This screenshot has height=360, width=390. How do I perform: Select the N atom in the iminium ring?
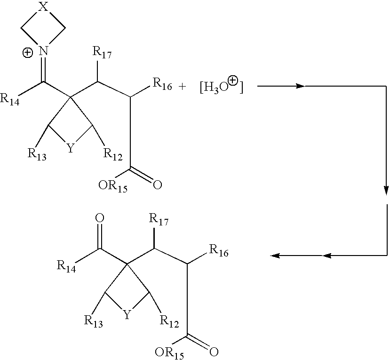[x=43, y=51]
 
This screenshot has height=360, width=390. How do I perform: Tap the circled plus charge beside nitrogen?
[x=27, y=53]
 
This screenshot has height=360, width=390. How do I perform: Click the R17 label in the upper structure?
[x=102, y=52]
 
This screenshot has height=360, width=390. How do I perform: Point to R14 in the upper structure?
[x=10, y=99]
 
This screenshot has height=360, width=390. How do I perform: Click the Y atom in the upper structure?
[x=71, y=148]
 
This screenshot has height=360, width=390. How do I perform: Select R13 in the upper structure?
[x=37, y=154]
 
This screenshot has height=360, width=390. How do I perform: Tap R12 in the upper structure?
[x=113, y=154]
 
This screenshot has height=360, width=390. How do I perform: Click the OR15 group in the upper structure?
[x=113, y=186]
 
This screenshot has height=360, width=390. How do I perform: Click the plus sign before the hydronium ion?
[x=182, y=87]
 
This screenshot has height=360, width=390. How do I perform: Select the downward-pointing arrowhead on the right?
[x=386, y=191]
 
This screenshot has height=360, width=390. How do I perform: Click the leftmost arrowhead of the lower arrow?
[x=275, y=255]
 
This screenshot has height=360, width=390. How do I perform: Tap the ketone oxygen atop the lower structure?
[x=100, y=218]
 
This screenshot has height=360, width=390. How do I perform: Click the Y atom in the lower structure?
[x=127, y=315]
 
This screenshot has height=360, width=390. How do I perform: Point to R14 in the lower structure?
[x=66, y=266]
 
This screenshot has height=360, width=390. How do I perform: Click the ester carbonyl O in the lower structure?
[x=214, y=352]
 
